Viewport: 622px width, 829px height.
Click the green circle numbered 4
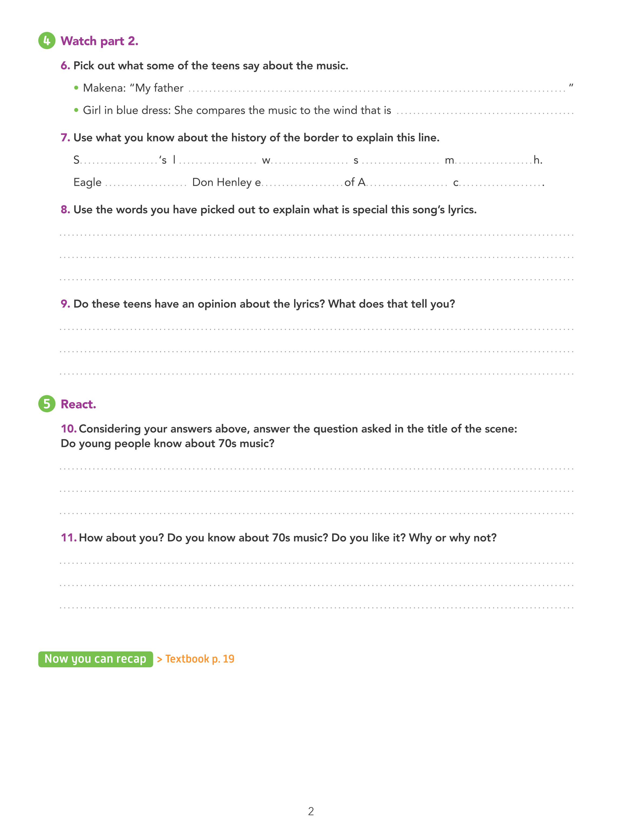point(46,40)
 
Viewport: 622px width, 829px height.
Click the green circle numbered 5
point(46,404)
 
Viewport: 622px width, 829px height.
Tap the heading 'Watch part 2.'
point(99,41)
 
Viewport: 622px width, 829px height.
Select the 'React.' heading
point(78,404)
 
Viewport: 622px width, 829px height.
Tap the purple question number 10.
point(68,428)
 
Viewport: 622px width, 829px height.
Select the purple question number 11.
point(68,537)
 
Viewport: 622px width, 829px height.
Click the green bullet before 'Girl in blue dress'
point(76,110)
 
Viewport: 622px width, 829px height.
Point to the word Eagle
point(87,182)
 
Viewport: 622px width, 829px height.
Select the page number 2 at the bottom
point(311,811)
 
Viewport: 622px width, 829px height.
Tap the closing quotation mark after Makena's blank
point(571,86)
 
